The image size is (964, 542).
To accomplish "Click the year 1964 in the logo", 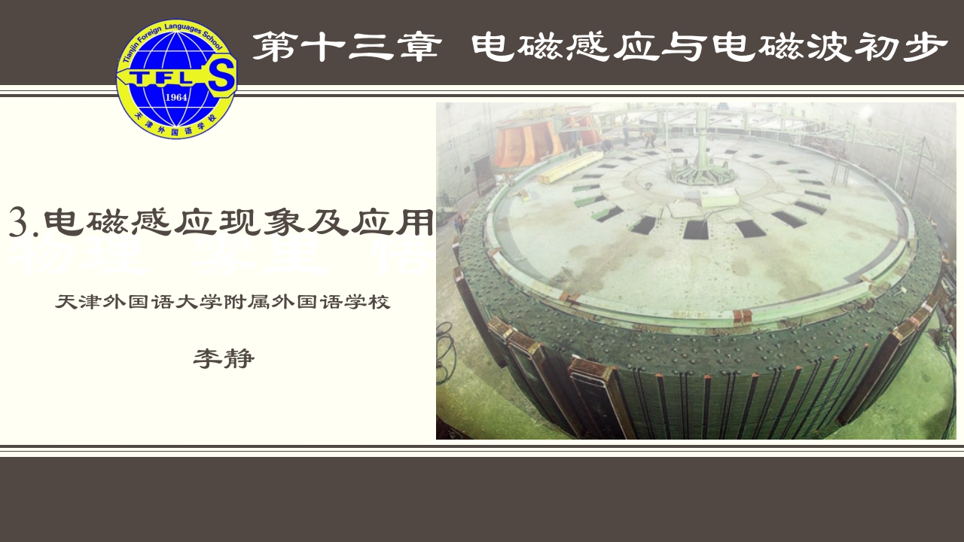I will pos(175,98).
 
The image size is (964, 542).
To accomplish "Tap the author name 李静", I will pos(224,358).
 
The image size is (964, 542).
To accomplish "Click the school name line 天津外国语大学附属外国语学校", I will pos(223,303).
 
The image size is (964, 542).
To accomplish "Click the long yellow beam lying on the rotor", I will pos(571,167).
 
